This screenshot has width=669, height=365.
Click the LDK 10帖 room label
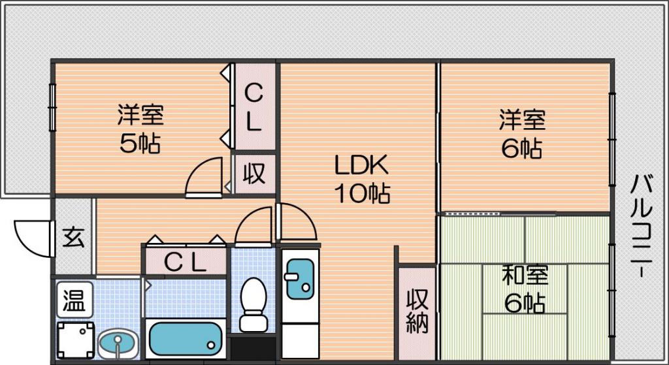[361, 179]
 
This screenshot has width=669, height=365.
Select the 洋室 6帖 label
[522, 133]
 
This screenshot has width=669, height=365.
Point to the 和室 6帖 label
[525, 288]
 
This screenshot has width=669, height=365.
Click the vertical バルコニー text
[642, 226]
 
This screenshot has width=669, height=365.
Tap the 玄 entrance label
[73, 238]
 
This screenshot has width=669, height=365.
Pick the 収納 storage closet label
[417, 311]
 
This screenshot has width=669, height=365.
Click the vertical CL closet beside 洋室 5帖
[254, 108]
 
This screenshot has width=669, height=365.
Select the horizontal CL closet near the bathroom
[186, 262]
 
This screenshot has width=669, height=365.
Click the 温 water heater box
[74, 300]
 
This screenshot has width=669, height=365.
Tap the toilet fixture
[253, 304]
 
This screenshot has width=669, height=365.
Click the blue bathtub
[186, 339]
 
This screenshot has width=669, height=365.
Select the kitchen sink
[300, 278]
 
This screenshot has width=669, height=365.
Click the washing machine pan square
[76, 340]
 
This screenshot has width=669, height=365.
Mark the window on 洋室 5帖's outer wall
[52, 107]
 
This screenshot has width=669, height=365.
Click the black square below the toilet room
[253, 349]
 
